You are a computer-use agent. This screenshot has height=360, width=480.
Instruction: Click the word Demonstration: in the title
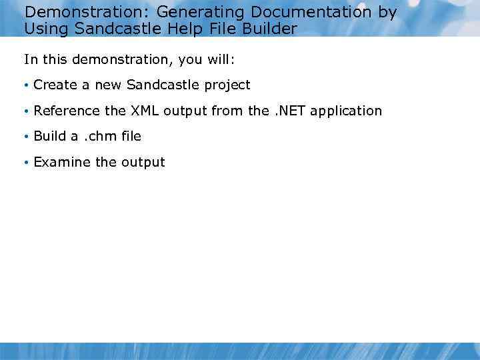[87, 13]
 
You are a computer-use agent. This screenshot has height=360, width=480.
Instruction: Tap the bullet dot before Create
[26, 85]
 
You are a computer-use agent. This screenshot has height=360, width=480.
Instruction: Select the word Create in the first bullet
[54, 85]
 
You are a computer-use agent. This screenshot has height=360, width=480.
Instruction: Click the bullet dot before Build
[26, 137]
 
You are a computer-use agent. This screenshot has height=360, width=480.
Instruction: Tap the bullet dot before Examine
[26, 163]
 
